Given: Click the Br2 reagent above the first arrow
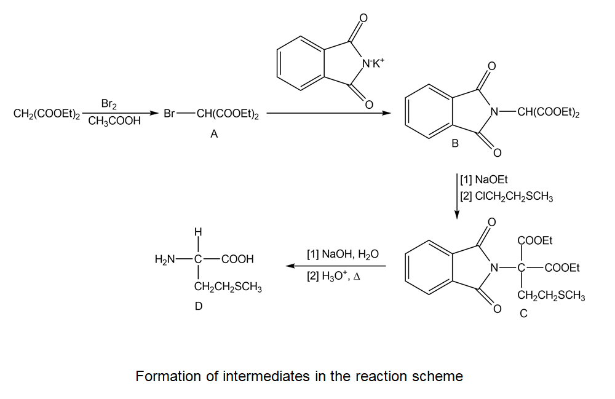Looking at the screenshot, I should point(109,104).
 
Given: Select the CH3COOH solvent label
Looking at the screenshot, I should point(114,122).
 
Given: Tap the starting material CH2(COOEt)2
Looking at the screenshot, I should point(47,114).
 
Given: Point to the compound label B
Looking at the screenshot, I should point(454,143).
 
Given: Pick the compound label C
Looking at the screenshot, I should point(523,314).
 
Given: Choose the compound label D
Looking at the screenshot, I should point(198,306).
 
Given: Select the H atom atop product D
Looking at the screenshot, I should point(197,232).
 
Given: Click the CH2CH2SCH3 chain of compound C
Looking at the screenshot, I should point(551,296).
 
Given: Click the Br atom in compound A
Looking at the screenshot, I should point(172,114).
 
